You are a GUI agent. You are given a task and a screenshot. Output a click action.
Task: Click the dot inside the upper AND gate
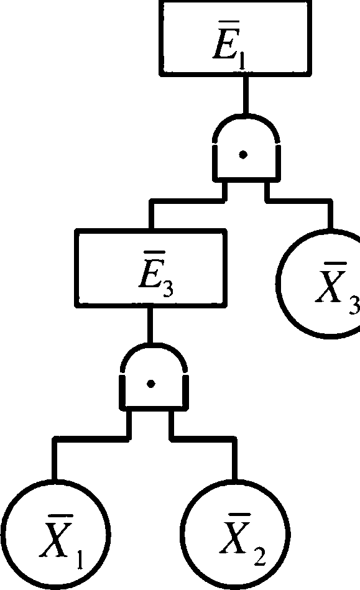[243, 154]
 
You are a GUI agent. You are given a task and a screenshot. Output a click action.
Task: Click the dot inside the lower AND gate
[151, 384]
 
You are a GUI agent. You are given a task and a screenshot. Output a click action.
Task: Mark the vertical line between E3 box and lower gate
[150, 325]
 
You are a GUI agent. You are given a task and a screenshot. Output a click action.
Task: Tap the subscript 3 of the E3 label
[168, 288]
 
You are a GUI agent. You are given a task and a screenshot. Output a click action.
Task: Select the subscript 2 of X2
[259, 557]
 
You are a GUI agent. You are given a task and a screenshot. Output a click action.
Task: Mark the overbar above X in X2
[235, 514]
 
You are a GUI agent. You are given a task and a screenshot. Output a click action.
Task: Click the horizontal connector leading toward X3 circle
[299, 201]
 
